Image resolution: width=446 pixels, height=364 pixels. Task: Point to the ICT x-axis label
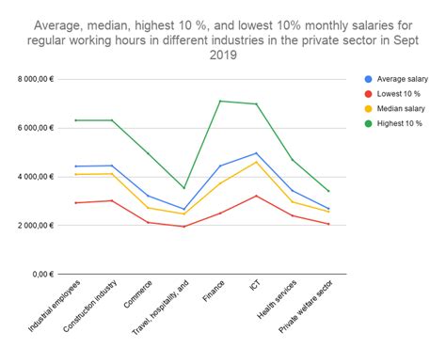(x=253, y=286)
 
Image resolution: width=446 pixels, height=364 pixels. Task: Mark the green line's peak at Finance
(x=219, y=101)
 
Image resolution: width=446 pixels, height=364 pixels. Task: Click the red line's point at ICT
(x=256, y=196)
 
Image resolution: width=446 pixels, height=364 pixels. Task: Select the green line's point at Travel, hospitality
(x=183, y=188)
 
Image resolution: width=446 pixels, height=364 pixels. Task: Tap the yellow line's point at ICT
(x=256, y=162)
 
